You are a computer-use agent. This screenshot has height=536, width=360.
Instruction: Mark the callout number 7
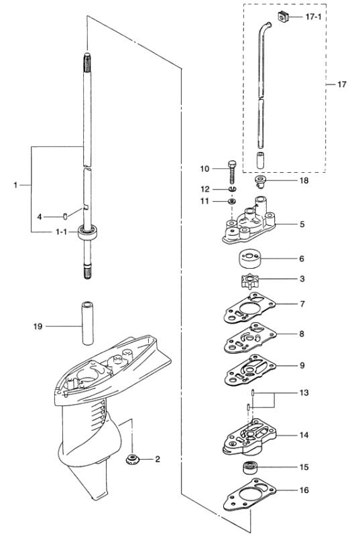click(x=302, y=304)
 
